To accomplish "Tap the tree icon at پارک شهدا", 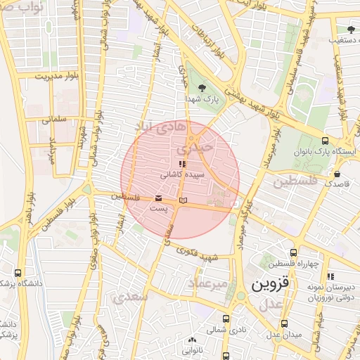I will pos(202,88).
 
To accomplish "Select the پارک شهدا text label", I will pos(202,101).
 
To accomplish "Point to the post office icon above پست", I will pos(159,199).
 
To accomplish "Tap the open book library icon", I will pos(184,201).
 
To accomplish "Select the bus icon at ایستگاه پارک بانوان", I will pos(325,140).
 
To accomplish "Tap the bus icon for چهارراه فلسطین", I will pos(293,253).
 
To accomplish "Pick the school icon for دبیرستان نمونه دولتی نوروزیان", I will pos(330,276).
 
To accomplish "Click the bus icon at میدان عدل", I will pos(284,323).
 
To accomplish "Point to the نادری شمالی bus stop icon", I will pos(226,318).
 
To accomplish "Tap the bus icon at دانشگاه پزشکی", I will pos(18,273).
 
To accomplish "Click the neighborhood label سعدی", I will pos(135,297).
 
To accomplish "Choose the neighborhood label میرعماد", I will pos(208,283).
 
